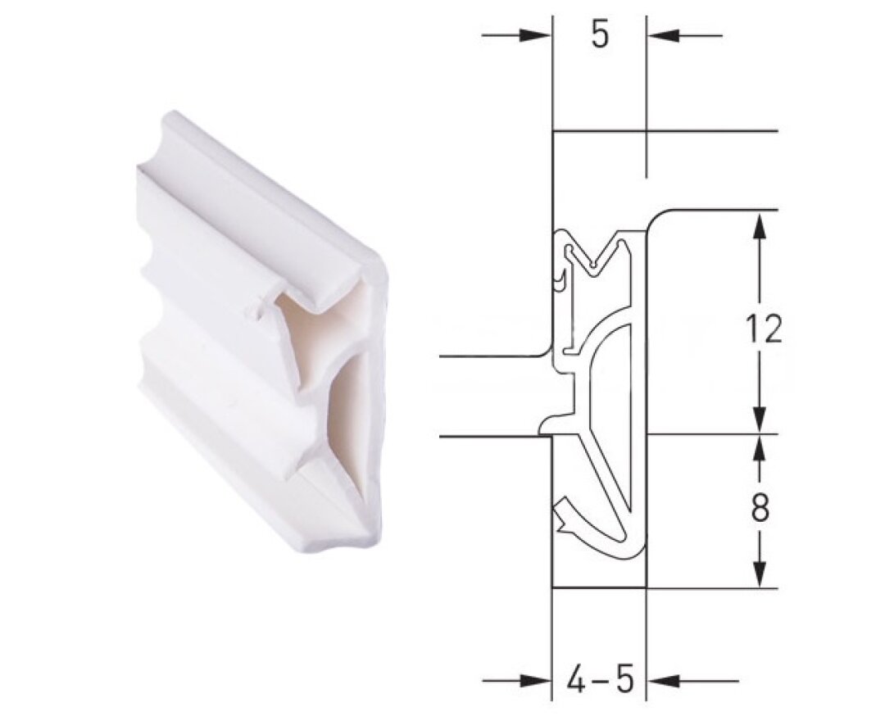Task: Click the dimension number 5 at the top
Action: [600, 36]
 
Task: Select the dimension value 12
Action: [764, 329]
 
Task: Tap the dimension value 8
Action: [760, 509]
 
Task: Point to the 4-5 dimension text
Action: [600, 680]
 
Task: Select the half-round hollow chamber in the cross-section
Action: [613, 369]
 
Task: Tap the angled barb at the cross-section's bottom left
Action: [565, 513]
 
